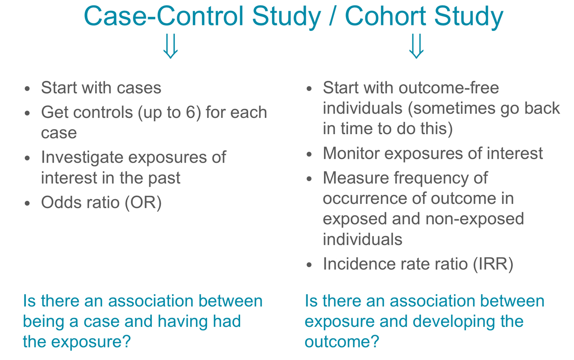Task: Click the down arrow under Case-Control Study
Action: tap(170, 46)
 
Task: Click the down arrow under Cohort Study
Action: tap(416, 46)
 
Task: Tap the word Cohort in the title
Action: tap(386, 16)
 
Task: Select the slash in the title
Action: tap(333, 16)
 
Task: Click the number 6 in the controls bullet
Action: tap(190, 112)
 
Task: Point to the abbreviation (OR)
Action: tap(143, 203)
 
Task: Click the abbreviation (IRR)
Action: tap(493, 264)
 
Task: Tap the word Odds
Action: tap(62, 203)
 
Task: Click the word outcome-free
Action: tap(449, 88)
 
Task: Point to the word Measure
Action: tap(356, 178)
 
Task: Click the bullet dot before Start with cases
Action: tap(28, 89)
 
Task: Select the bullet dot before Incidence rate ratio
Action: tap(309, 265)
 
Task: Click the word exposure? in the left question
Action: tap(91, 342)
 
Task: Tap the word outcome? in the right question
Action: tap(342, 342)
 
